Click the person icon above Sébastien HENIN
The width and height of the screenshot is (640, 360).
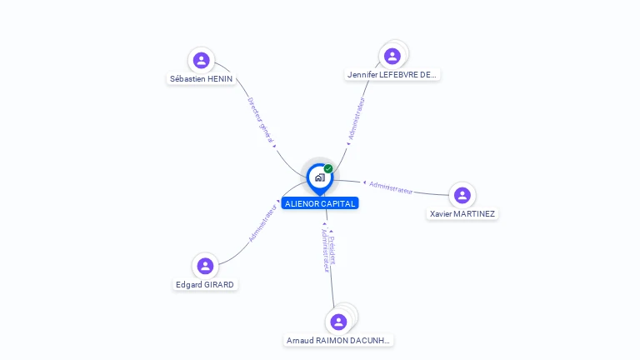tap(201, 60)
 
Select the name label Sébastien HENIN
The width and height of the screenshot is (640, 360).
tap(201, 79)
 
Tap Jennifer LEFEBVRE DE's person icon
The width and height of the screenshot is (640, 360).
tap(392, 56)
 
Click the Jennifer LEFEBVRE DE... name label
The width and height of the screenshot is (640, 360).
tap(392, 75)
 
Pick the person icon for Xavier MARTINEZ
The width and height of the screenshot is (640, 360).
tap(462, 195)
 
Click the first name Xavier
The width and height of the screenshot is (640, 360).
tap(442, 214)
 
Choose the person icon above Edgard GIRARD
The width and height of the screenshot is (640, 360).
tap(205, 266)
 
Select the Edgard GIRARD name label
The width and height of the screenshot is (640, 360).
tap(205, 284)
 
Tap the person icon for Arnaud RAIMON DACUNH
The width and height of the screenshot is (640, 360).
tap(338, 322)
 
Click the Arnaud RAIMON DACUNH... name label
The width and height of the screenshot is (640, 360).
tap(338, 340)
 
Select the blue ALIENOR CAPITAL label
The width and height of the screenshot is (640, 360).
tap(320, 203)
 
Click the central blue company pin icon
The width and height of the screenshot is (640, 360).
tap(319, 177)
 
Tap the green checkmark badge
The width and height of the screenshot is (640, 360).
tap(328, 169)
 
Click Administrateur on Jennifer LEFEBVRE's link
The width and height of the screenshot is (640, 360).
tap(357, 118)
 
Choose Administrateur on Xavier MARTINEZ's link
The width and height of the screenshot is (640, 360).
tap(391, 187)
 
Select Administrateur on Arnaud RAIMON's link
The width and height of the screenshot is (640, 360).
tap(325, 250)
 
